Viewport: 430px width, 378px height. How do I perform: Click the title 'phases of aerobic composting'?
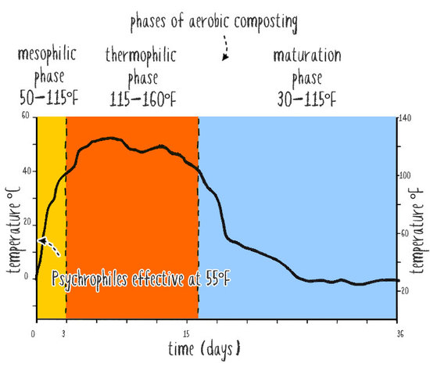pyautogui.click(x=214, y=23)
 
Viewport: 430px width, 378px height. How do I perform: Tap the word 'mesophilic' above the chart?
pyautogui.click(x=47, y=54)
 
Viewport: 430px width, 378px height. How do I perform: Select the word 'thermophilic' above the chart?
pyautogui.click(x=141, y=56)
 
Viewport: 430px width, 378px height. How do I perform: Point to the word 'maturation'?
pyautogui.click(x=307, y=56)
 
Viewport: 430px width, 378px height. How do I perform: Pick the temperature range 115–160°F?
pyautogui.click(x=142, y=99)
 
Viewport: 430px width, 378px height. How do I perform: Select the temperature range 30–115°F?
pyautogui.click(x=306, y=99)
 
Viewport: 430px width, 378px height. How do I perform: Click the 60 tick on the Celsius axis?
pyautogui.click(x=26, y=116)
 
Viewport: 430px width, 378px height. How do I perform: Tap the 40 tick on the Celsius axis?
pyautogui.click(x=27, y=171)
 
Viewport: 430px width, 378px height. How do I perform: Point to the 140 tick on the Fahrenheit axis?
pyautogui.click(x=405, y=118)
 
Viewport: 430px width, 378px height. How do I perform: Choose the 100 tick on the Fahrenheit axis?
pyautogui.click(x=405, y=175)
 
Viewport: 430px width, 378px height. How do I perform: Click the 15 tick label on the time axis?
pyautogui.click(x=187, y=334)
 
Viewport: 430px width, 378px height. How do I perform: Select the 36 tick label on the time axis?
pyautogui.click(x=400, y=334)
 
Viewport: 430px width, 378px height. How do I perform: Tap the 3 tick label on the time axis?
pyautogui.click(x=63, y=334)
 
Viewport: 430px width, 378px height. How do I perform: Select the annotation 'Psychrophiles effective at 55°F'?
pyautogui.click(x=141, y=279)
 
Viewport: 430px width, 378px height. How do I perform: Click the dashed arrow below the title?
pyautogui.click(x=225, y=48)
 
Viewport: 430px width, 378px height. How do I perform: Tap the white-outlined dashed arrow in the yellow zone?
pyautogui.click(x=48, y=247)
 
